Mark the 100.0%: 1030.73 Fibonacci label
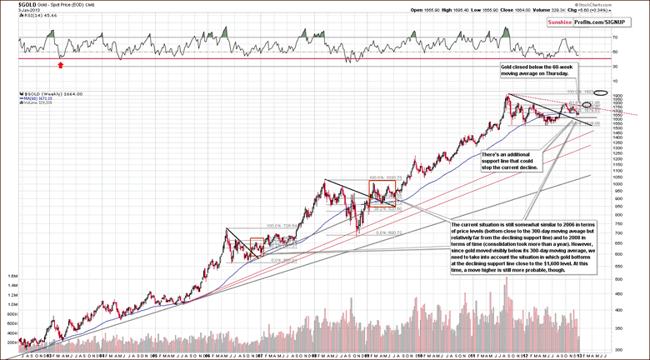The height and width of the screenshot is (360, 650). point(385,177)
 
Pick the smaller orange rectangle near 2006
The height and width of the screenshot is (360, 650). point(257,247)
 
